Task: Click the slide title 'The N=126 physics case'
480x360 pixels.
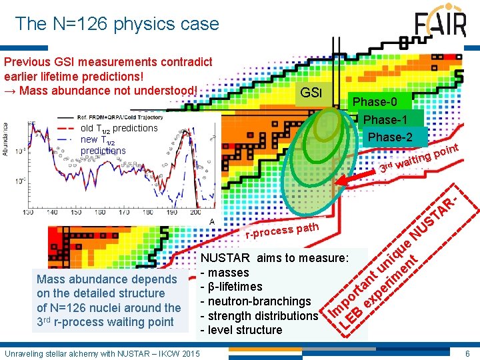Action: tap(117, 24)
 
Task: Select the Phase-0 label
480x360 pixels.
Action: tap(374, 102)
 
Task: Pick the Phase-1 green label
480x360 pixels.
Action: tap(386, 119)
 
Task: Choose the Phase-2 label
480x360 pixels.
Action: tap(390, 137)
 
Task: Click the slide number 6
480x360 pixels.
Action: tap(468, 352)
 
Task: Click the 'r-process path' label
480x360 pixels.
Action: tap(281, 230)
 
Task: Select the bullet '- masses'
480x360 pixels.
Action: tap(225, 273)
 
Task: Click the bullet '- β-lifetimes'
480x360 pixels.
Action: tap(231, 287)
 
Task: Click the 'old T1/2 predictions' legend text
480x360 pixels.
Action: tap(119, 128)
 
